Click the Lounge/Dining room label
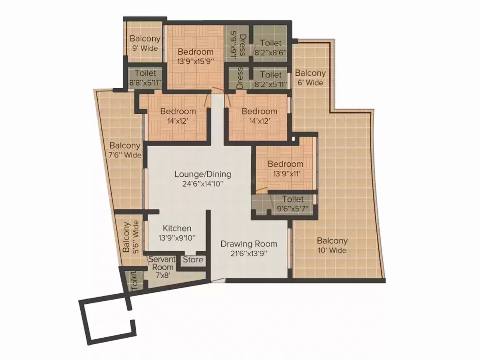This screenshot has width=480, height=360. (x=203, y=175)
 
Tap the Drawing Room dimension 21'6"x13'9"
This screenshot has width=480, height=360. (x=249, y=254)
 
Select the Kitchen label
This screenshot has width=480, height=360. (x=177, y=228)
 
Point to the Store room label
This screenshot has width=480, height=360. (x=193, y=259)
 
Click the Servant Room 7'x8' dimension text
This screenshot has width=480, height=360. (x=163, y=275)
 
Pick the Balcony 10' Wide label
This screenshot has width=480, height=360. (x=332, y=245)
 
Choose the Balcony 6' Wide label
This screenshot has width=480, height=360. (x=310, y=78)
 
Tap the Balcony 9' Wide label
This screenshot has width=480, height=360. (x=145, y=43)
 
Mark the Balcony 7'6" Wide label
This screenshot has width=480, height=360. (x=125, y=150)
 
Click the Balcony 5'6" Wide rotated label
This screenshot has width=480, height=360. (x=131, y=237)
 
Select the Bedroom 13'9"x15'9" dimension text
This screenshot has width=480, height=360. (x=195, y=61)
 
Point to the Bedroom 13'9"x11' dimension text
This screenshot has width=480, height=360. (x=286, y=174)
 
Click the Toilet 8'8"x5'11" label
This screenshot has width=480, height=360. (x=145, y=78)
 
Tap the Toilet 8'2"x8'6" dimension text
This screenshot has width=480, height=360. (x=271, y=53)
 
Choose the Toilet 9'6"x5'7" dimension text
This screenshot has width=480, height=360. (x=293, y=209)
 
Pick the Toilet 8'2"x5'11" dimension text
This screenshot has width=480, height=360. (x=271, y=84)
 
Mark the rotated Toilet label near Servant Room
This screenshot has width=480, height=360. (x=134, y=281)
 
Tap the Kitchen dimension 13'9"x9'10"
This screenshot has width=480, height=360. (x=177, y=238)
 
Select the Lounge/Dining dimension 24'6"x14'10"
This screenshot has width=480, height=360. (x=203, y=184)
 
